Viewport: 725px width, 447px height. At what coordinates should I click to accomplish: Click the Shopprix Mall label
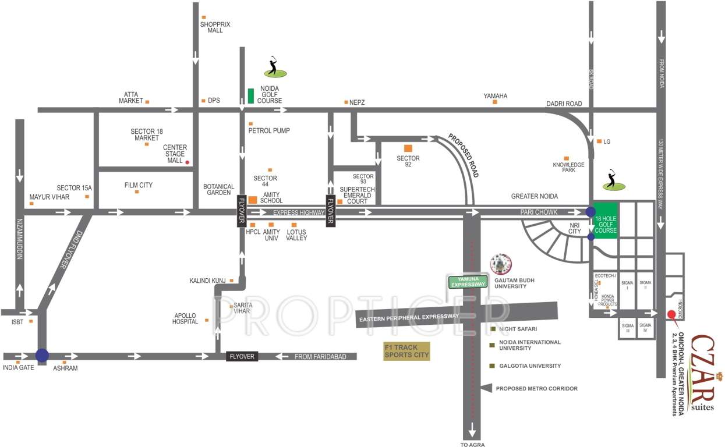point(215,27)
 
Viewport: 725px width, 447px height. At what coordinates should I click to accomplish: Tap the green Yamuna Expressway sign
point(466,282)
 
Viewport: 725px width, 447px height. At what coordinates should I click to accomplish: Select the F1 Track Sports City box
point(406,351)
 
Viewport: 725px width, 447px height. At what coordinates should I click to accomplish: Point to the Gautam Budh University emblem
point(500,264)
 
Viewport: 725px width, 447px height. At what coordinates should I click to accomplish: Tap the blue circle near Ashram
point(42,355)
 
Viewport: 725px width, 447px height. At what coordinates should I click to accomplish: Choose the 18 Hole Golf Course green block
point(606,221)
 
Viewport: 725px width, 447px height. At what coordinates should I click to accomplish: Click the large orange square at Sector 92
point(408,148)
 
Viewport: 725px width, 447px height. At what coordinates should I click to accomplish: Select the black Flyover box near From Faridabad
point(242,356)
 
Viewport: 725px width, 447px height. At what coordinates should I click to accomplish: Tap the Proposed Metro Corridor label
point(536,388)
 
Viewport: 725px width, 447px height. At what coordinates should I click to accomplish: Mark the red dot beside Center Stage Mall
point(187,162)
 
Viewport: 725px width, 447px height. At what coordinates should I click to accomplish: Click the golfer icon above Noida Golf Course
point(274,67)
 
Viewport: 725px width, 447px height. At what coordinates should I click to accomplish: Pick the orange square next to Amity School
point(253,200)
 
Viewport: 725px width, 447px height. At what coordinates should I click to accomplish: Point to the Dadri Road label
point(564,104)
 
